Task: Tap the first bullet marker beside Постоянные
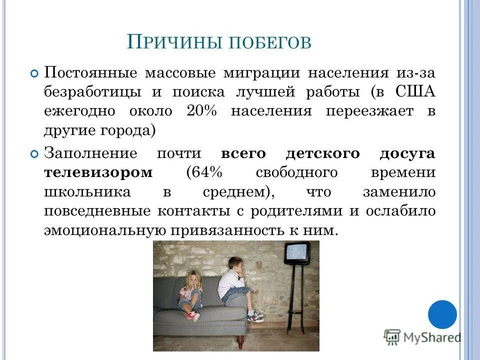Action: (x=34, y=73)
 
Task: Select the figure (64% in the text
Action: (x=202, y=173)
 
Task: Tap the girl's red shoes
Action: (x=192, y=315)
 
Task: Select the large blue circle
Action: (x=442, y=314)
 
